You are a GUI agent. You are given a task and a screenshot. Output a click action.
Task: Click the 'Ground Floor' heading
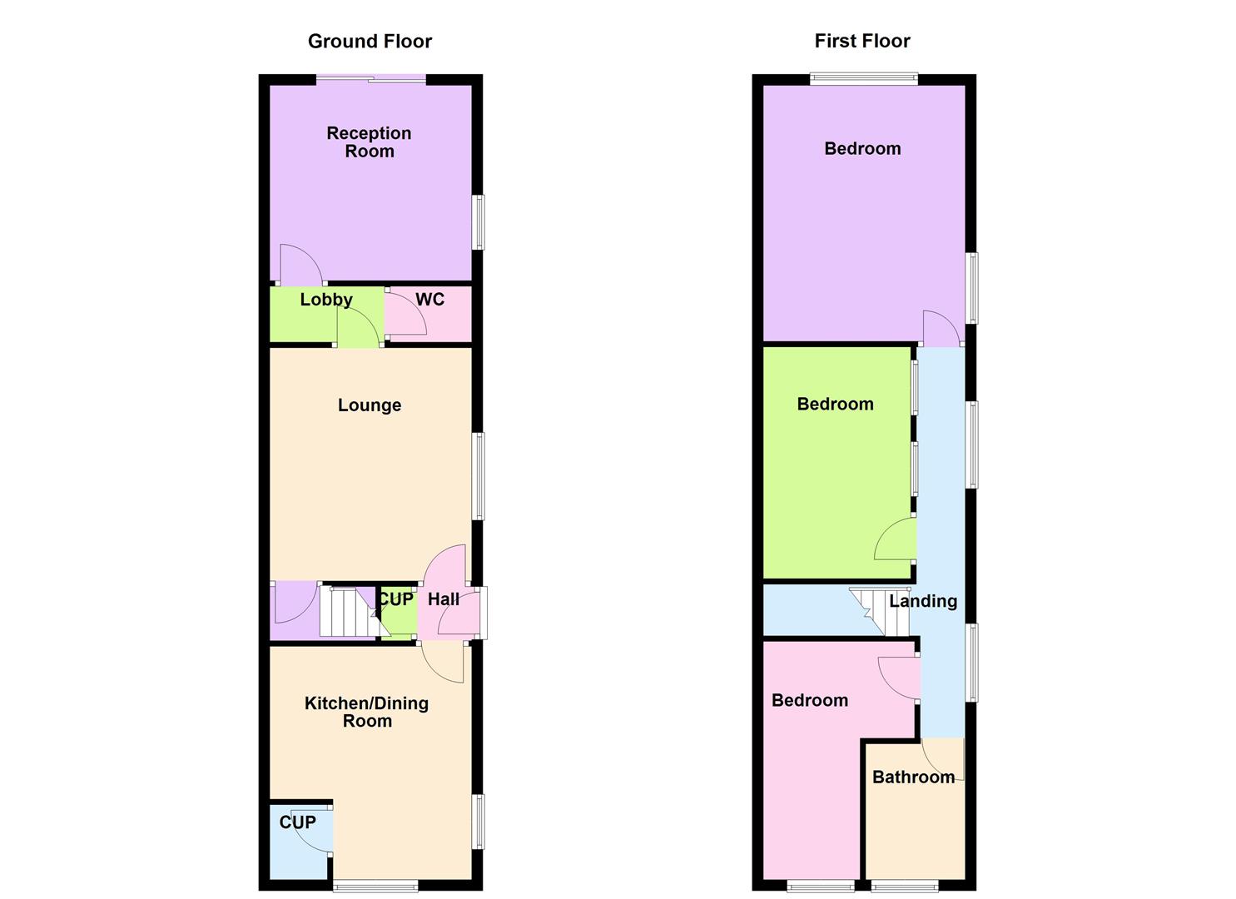[x=370, y=41]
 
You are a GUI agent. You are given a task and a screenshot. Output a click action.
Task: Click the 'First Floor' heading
[x=862, y=41]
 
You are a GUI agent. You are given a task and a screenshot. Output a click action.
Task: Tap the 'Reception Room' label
[x=369, y=142]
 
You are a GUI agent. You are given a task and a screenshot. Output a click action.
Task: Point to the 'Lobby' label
[x=326, y=300]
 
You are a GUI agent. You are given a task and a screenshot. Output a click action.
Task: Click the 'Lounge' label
[x=370, y=405]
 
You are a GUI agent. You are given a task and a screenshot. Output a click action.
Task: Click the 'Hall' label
[x=444, y=599]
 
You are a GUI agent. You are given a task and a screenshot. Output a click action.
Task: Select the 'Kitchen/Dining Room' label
[x=367, y=712]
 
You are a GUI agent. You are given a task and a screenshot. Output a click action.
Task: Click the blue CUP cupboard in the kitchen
[x=298, y=841]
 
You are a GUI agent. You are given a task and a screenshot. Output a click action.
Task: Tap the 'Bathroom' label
[x=913, y=777]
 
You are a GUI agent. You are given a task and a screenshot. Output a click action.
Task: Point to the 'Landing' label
[x=923, y=601]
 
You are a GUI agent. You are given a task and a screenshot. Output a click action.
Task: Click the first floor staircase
[x=870, y=612]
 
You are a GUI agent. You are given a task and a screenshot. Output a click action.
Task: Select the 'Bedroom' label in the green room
[x=835, y=405]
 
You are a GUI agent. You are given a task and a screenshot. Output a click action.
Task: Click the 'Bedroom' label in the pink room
[x=810, y=701]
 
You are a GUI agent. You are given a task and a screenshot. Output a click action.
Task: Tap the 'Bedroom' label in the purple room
[x=862, y=149]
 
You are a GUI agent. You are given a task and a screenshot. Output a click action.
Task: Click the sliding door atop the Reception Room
[x=371, y=80]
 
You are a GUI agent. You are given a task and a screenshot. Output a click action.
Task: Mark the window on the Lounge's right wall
[x=478, y=476]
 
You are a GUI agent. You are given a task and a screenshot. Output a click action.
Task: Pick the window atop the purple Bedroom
[x=864, y=80]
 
